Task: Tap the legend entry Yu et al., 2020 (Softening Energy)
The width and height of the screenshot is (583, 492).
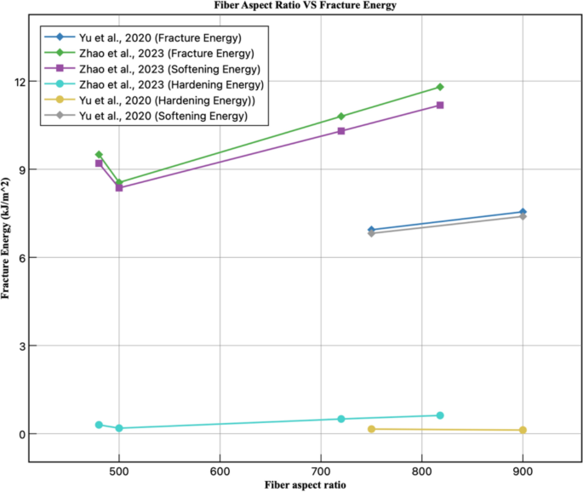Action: point(158,116)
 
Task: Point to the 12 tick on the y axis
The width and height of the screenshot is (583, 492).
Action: point(19,82)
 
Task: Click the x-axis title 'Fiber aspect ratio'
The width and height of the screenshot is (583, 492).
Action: point(304,485)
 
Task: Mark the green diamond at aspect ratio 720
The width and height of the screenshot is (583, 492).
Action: point(341,117)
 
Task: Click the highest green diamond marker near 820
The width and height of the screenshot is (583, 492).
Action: point(440,87)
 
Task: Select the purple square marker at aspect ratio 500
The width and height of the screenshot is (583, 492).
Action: point(119,187)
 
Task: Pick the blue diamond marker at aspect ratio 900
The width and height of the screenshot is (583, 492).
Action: point(523,212)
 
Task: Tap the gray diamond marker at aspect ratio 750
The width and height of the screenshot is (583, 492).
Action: point(371,233)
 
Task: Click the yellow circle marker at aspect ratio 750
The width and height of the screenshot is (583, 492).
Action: point(371,429)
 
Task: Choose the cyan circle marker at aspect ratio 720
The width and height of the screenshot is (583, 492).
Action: point(341,419)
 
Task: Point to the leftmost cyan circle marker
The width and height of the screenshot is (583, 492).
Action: point(99,425)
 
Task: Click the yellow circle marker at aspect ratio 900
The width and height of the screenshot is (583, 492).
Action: point(523,430)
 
